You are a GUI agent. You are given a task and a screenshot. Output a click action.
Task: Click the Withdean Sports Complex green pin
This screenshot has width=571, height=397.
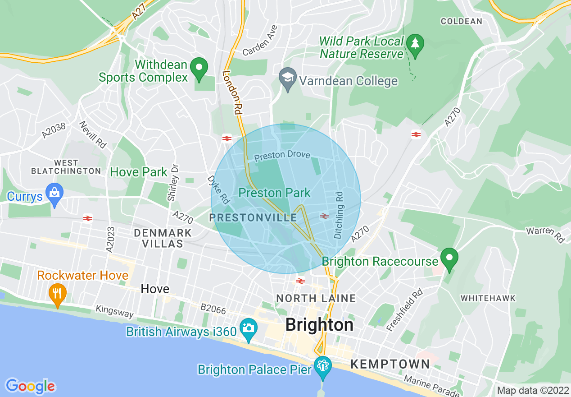click(x=199, y=69)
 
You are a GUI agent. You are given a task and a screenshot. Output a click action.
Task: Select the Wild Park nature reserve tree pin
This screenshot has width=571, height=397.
click(x=415, y=44)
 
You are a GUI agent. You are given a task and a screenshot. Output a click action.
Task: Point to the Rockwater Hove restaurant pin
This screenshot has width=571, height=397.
click(x=57, y=293)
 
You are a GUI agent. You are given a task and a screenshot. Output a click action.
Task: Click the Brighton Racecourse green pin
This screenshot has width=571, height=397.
click(x=449, y=259)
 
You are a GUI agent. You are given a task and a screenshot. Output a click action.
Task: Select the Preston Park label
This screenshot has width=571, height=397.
click(x=274, y=193)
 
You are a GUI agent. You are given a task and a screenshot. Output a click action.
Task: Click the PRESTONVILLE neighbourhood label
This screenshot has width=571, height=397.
click(x=253, y=218)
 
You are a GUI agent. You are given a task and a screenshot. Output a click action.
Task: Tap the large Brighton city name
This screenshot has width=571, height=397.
click(x=319, y=325)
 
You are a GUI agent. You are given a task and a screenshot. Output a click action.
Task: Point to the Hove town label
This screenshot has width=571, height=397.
click(x=155, y=289)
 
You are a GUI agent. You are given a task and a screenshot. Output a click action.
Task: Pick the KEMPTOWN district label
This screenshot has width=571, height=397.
click(x=390, y=364)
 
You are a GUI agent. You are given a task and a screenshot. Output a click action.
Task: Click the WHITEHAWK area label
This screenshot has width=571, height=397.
click(x=488, y=298)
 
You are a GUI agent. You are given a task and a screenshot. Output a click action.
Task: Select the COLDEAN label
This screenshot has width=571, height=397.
click(x=461, y=21)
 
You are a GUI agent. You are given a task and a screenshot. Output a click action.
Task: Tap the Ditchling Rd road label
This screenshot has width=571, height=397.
click(x=339, y=215)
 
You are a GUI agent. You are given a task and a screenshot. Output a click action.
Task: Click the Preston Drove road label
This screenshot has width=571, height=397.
click(x=282, y=155)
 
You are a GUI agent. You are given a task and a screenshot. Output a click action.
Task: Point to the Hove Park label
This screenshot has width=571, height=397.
click(x=139, y=172)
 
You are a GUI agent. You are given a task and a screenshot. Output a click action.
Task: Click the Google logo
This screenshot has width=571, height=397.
click(x=30, y=386)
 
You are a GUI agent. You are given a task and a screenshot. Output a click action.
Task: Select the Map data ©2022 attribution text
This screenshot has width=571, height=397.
click(x=533, y=390)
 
